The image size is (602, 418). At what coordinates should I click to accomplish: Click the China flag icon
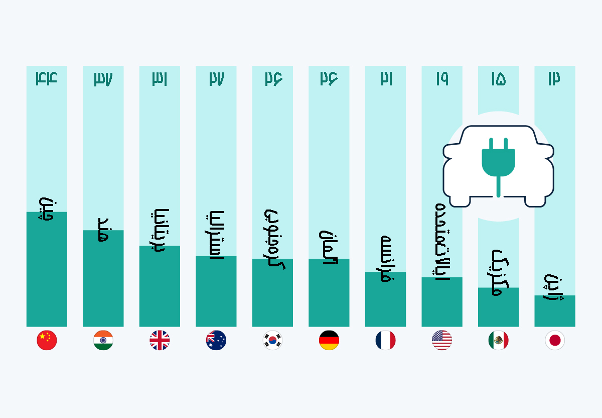coord(47,341)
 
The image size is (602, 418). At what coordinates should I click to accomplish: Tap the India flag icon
coord(103,341)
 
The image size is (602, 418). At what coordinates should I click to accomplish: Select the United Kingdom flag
coord(160,341)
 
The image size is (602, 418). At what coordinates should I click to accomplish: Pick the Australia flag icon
coord(216,341)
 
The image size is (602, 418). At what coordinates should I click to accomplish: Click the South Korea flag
coord(272,341)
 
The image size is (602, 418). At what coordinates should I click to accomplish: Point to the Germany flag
coord(329,341)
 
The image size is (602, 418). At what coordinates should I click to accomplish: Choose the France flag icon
coord(385,341)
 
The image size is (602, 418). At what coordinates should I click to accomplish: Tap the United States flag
coord(442,341)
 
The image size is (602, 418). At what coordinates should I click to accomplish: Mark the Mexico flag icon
coord(498,341)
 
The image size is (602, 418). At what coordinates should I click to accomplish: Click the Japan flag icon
coord(555,341)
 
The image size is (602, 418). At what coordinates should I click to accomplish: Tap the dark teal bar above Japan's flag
coord(555,311)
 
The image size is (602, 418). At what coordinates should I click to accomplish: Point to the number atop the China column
coord(47,78)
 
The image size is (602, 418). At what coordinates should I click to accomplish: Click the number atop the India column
coord(103,78)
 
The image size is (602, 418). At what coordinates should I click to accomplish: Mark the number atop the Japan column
coord(555,78)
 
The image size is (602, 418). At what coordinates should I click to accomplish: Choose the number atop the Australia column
coord(216,78)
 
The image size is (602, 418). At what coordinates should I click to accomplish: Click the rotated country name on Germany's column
coord(329,247)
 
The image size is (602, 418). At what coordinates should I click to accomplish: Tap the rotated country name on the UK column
coord(160,230)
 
